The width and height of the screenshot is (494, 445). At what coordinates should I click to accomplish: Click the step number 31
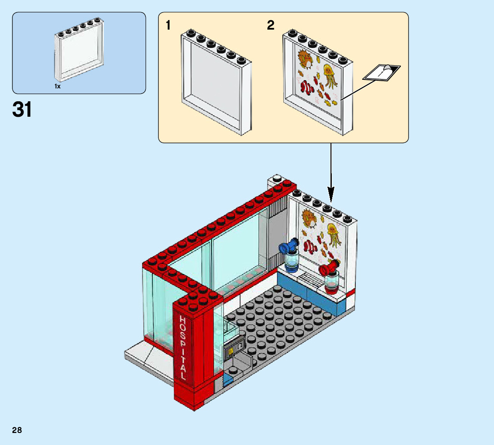click(22, 110)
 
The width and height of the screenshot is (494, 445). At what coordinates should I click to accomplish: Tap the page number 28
click(17, 430)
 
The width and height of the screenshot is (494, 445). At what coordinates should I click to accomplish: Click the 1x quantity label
click(58, 86)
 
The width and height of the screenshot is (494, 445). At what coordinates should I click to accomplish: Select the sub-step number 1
click(169, 26)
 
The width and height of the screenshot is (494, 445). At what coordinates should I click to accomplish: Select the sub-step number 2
click(270, 26)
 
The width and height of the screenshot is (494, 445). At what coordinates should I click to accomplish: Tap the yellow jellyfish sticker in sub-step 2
click(329, 73)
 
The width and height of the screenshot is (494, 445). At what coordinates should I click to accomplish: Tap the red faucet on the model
click(327, 269)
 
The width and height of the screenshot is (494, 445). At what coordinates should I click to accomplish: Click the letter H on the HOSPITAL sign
click(182, 321)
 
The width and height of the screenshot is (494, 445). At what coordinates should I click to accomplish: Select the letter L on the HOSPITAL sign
click(184, 376)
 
